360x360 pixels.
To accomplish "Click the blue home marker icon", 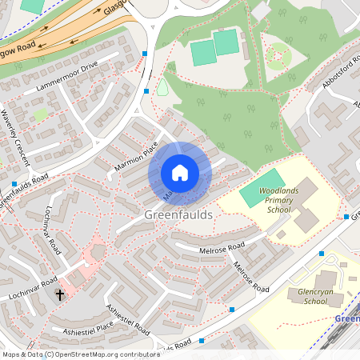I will [x=180, y=172].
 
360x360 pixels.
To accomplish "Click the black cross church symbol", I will [x=59, y=295].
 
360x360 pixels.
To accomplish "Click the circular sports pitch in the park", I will [x=278, y=56].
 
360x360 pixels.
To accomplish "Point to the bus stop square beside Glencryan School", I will [x=321, y=254].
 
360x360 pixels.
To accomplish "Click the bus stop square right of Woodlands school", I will [x=346, y=216].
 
